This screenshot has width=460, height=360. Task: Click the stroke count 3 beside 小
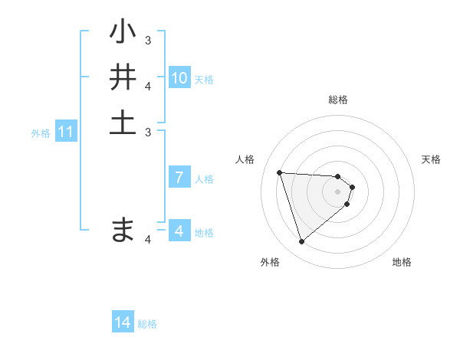[x=148, y=40]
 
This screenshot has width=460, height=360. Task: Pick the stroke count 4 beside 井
[x=148, y=85]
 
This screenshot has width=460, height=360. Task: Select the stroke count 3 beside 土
[x=148, y=131]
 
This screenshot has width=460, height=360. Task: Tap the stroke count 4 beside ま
[x=148, y=239]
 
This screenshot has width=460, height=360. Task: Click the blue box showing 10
[x=179, y=78]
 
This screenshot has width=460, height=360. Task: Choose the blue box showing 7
[x=179, y=178]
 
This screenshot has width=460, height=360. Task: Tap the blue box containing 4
[x=179, y=231]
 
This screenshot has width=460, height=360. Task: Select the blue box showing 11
[x=66, y=132]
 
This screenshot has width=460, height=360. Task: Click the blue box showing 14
[x=123, y=323]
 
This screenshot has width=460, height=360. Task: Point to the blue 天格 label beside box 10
[x=204, y=79]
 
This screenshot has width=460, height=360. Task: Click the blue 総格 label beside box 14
[x=147, y=324]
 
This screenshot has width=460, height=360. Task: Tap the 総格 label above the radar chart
[x=338, y=100]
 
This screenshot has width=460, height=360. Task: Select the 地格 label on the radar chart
[x=402, y=262]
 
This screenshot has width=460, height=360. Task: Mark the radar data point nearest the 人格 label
[x=280, y=172]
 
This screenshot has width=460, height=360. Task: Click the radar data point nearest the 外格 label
[x=302, y=242]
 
